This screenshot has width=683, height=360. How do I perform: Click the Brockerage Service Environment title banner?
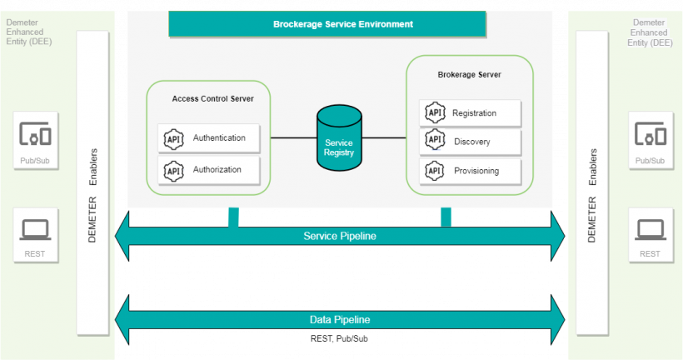point(327,23)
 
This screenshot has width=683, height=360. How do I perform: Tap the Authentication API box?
point(209,138)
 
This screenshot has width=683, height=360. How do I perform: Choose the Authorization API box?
point(209,170)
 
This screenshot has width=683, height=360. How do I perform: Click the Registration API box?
point(471,113)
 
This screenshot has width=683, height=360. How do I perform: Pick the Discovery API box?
point(471,142)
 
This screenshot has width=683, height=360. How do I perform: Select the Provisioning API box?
point(471,171)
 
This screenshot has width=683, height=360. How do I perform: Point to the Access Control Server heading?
point(212,98)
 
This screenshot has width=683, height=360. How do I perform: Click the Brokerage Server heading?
point(469,75)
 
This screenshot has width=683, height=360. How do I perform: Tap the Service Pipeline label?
point(339,236)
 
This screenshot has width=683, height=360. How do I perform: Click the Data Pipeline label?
point(339,319)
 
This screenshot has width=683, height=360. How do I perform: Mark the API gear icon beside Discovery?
point(434,141)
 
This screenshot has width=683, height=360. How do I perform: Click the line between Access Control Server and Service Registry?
point(293,137)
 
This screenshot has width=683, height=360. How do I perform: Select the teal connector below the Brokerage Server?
point(446,217)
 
